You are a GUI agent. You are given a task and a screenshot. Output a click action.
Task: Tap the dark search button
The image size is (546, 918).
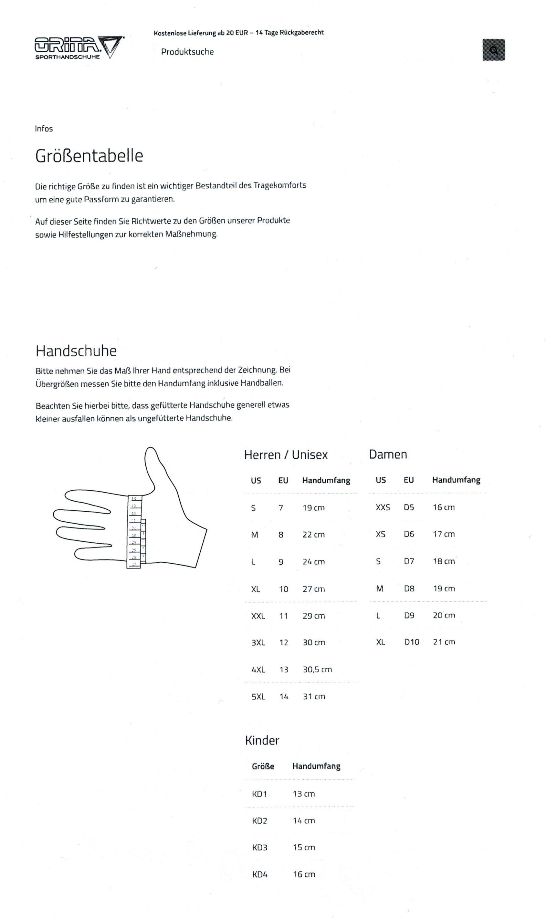click(493, 50)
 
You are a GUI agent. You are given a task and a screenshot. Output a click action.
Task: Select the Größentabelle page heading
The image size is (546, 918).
click(89, 156)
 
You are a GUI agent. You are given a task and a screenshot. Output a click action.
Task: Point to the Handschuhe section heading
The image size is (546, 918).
click(76, 351)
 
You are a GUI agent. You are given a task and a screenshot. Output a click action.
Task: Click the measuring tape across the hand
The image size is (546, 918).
click(135, 532)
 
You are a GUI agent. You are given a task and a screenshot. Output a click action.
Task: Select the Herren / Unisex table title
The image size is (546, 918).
click(286, 455)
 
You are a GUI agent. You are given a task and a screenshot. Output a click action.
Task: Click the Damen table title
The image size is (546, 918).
click(388, 454)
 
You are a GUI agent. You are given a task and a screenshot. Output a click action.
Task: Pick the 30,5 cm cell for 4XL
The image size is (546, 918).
click(317, 669)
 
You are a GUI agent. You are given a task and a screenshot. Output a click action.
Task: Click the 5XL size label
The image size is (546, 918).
click(258, 697)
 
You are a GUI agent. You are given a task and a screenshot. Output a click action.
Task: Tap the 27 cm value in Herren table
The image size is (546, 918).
click(313, 589)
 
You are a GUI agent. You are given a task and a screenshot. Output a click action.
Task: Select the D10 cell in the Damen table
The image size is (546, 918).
click(411, 642)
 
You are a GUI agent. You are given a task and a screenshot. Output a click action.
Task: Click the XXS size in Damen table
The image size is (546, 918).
click(383, 507)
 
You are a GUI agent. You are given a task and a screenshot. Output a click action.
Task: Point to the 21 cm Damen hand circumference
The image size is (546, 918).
click(444, 642)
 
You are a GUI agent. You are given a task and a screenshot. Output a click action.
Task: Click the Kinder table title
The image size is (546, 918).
click(262, 740)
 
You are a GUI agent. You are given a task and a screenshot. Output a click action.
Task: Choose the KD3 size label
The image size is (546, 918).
click(259, 847)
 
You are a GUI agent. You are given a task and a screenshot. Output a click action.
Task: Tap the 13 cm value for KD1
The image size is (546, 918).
click(304, 794)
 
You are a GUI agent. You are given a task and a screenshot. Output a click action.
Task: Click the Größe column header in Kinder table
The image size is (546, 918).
click(263, 767)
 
